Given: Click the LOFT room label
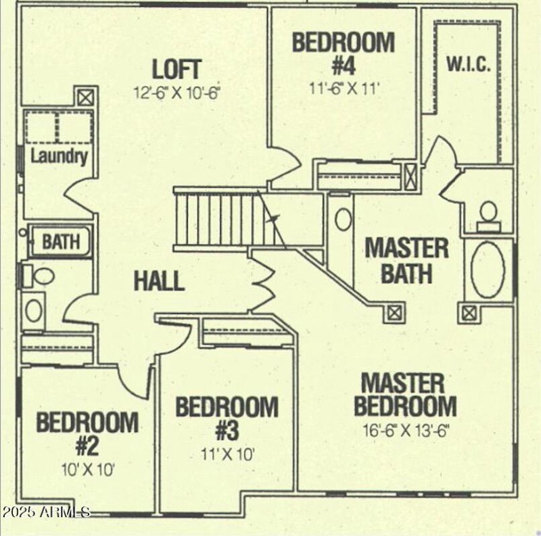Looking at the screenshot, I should (177, 70).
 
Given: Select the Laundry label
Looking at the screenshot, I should (60, 157).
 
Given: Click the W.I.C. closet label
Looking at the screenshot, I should (469, 65).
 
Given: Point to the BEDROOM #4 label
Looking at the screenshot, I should (343, 53).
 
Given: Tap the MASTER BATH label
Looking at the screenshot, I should (406, 260).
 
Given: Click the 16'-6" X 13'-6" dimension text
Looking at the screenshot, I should (404, 429).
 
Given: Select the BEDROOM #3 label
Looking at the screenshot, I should (227, 418).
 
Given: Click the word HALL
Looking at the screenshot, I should (159, 281).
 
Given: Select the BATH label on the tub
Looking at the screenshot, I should (61, 241).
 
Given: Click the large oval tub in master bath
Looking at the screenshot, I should (488, 270).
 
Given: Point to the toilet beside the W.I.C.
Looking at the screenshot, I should (488, 212).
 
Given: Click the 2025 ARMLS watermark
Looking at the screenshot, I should (46, 512).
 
